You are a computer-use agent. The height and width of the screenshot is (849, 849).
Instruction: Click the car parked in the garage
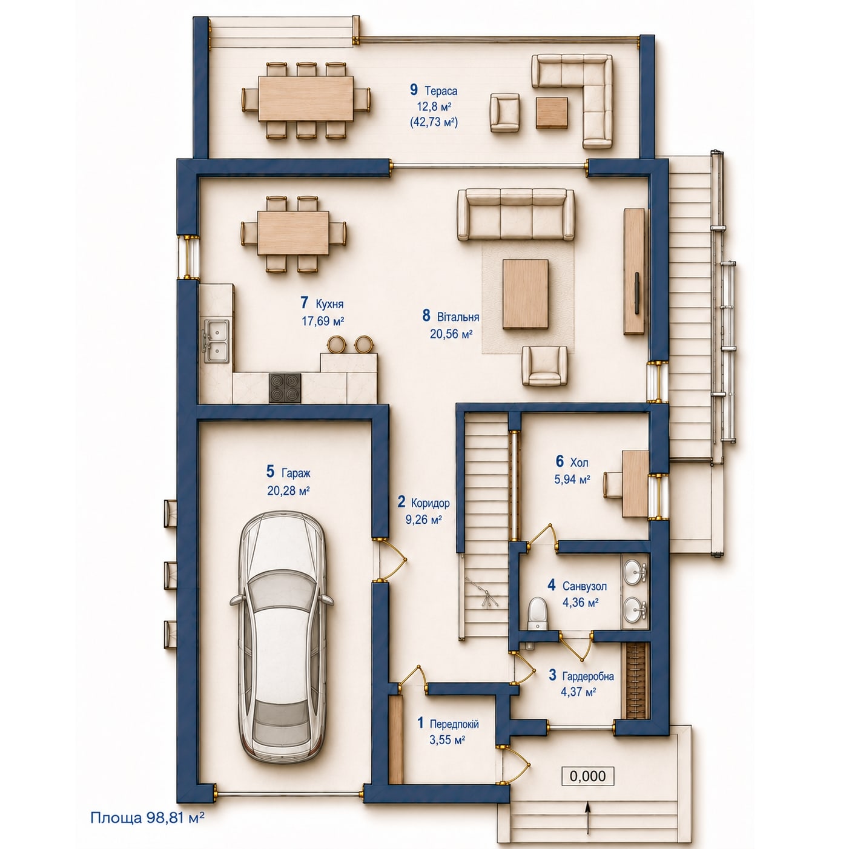coord(282,636)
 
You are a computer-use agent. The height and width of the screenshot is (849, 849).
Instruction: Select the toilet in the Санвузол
coord(537,613)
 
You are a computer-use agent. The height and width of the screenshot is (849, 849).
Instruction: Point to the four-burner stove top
coord(285,388)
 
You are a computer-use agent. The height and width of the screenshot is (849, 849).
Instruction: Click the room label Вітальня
coord(458,317)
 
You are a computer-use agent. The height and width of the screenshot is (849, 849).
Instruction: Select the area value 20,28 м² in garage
coord(288,491)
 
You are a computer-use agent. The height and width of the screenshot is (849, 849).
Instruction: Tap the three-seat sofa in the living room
coord(515,214)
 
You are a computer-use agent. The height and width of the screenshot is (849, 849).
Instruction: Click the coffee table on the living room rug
coord(526,294)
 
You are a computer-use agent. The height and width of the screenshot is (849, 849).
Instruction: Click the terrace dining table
coord(306,99)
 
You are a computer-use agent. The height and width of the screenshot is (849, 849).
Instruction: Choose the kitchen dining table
coord(293,233)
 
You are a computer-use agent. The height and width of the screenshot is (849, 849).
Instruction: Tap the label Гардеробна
coord(588,676)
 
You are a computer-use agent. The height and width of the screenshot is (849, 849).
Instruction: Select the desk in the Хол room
coord(635,483)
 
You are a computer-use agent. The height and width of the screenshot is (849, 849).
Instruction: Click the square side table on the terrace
coord(552,113)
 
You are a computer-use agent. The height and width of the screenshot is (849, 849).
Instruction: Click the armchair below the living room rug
coord(544,366)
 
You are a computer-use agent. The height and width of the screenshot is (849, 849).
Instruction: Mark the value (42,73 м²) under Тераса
coord(434,122)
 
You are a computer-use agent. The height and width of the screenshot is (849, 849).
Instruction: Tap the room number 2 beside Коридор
coord(401,501)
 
